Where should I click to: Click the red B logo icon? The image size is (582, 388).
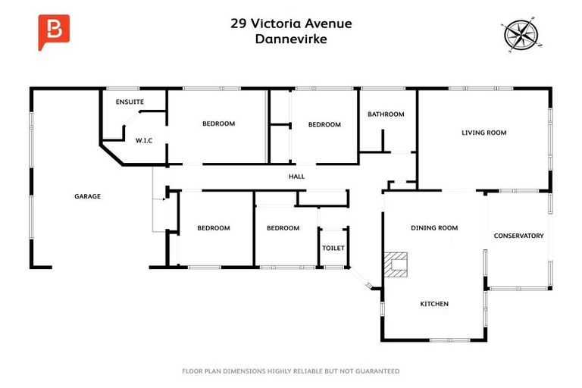click(x=53, y=32)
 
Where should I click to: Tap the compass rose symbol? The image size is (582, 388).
click(x=520, y=34)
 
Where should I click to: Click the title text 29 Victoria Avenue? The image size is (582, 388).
click(x=291, y=23)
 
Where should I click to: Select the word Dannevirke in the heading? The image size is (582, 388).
click(x=291, y=39)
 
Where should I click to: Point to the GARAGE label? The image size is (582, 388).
click(x=87, y=196)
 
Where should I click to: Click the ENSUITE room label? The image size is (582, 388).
click(x=130, y=102)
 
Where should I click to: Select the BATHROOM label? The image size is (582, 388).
click(x=386, y=114)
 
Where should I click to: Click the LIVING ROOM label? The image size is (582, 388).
click(x=483, y=133)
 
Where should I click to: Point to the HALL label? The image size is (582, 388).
click(x=296, y=177)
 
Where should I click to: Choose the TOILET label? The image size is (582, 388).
click(x=333, y=248)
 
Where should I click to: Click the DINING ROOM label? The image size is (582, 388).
click(x=434, y=227)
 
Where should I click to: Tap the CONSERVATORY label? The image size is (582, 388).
click(x=518, y=236)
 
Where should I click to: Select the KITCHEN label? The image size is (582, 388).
click(x=434, y=304)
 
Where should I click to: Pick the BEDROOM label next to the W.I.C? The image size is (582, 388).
click(x=218, y=124)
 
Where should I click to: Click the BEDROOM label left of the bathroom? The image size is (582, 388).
click(x=324, y=124)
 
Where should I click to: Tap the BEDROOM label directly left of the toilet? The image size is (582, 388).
click(x=283, y=227)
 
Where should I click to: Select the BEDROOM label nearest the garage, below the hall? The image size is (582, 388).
click(x=213, y=227)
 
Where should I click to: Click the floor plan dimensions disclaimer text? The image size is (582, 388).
click(x=291, y=371)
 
